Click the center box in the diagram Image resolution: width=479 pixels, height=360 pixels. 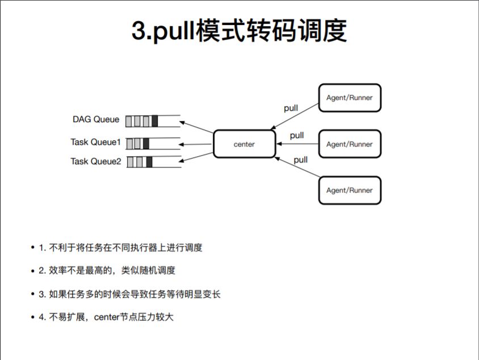coord(244,144)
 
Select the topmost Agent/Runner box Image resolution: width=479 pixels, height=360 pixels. coord(350,98)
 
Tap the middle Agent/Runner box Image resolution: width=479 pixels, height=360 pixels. coord(350,144)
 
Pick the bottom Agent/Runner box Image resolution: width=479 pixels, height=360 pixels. coord(350,190)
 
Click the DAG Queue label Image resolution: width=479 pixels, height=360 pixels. coord(96,120)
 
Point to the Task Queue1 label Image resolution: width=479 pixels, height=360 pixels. coord(96,142)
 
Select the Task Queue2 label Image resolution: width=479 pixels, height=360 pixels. coord(96,161)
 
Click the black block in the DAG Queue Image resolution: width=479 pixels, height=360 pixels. coord(155,121)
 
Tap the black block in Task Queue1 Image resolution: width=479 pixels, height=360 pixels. coord(146,143)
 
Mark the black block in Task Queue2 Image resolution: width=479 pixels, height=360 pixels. coord(149,162)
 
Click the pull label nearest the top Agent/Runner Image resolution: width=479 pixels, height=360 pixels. coord(291,108)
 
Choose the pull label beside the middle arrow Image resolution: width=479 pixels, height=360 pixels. coord(297,136)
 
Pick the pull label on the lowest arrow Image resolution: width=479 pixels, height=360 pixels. coord(301,160)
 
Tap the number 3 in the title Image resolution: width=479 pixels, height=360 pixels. coord(138,32)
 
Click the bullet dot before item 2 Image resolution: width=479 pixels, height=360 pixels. coord(33,271)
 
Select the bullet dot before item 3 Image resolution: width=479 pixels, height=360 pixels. coord(33,294)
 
